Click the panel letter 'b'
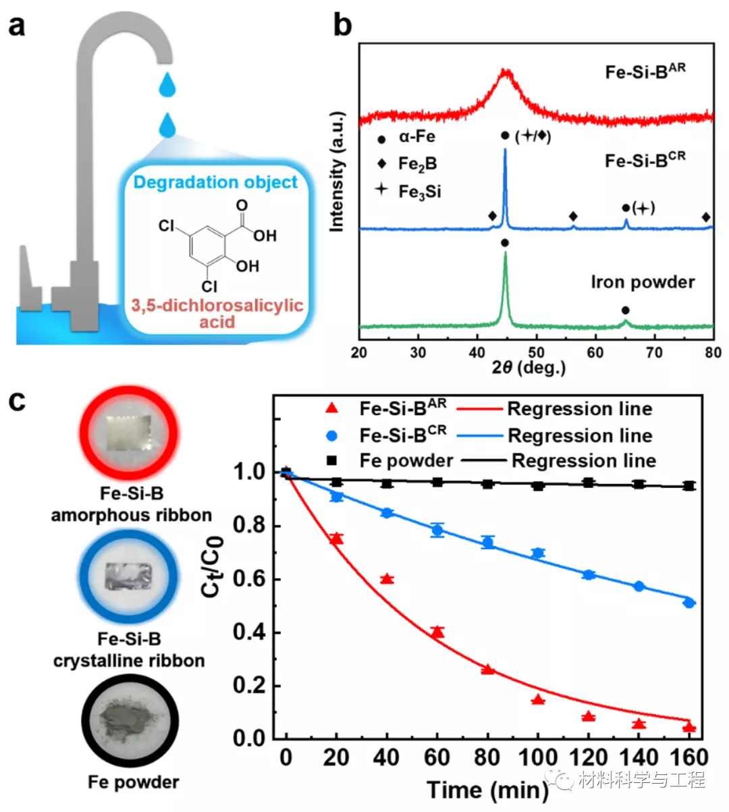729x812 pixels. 342,26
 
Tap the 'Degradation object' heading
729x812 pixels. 215,182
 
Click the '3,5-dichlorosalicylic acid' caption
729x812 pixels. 217,313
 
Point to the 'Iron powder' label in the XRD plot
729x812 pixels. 643,282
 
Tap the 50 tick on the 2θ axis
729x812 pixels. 537,352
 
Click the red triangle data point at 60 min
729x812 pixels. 437,632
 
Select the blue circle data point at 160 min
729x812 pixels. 688,603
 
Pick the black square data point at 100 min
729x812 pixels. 538,485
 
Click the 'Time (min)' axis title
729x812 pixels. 487,790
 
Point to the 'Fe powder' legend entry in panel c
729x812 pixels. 406,461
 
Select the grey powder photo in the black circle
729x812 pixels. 130,721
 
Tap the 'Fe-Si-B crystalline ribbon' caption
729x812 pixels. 129,649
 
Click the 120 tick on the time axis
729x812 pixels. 589,757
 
